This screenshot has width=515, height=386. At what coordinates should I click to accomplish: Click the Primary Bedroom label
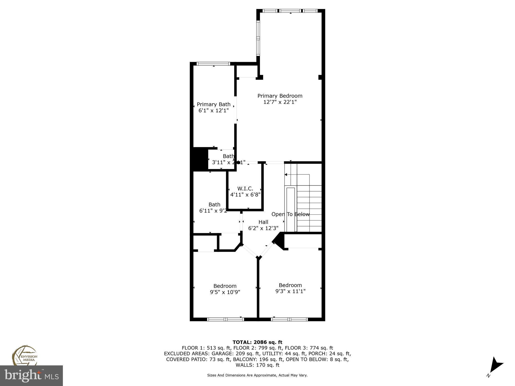(280, 96)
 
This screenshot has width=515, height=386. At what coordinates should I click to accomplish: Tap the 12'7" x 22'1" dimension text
(280, 102)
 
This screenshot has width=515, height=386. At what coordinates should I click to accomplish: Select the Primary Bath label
(213, 104)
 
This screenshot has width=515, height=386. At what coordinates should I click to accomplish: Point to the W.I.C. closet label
(245, 188)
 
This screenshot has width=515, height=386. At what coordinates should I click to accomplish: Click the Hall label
(263, 222)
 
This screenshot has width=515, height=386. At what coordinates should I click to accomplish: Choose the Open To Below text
(290, 214)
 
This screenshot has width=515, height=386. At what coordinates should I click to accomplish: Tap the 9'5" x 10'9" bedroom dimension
(225, 292)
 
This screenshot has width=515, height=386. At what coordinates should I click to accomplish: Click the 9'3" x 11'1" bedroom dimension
(290, 291)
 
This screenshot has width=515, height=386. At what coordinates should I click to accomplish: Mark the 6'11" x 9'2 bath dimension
(213, 211)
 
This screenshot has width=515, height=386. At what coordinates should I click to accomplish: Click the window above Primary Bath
(213, 64)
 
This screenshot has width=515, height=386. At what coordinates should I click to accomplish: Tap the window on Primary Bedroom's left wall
(258, 38)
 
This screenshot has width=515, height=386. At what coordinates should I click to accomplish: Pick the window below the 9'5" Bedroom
(226, 319)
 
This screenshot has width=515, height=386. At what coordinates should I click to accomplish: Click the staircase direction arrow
(286, 174)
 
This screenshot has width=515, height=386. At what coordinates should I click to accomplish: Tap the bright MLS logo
(31, 376)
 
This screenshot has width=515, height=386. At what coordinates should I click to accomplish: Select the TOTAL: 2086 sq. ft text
(257, 342)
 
